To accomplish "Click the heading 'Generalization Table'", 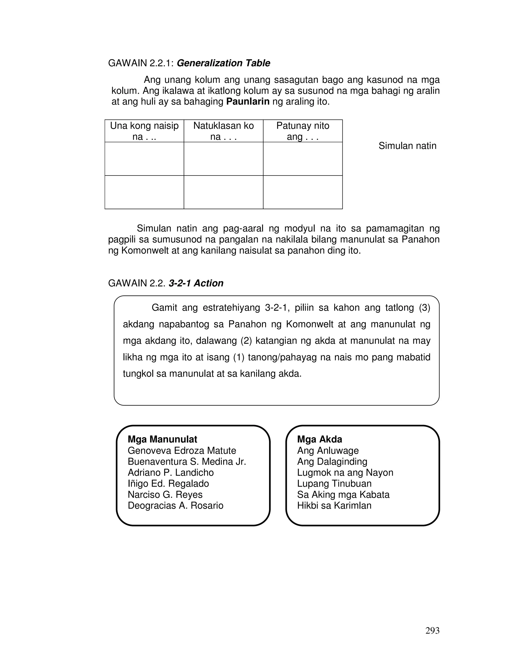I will pyautogui.click(x=223, y=63).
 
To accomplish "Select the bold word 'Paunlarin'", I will pyautogui.click(x=248, y=102).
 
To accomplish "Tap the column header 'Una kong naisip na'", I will pyautogui.click(x=144, y=131).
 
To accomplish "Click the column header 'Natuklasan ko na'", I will pyautogui.click(x=224, y=131).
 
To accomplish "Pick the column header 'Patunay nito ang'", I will pyautogui.click(x=303, y=131).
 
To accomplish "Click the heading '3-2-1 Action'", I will pyautogui.click(x=196, y=283).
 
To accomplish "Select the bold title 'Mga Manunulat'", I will pyautogui.click(x=162, y=439).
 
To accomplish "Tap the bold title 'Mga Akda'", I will pyautogui.click(x=320, y=439).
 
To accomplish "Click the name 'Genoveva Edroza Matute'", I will pyautogui.click(x=182, y=451).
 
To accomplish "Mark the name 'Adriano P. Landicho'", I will pyautogui.click(x=171, y=472).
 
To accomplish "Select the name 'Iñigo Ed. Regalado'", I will pyautogui.click(x=168, y=484).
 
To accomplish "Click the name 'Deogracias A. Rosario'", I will pyautogui.click(x=176, y=505).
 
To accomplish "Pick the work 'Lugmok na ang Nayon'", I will pyautogui.click(x=345, y=472).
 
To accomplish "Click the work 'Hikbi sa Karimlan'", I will pyautogui.click(x=334, y=505).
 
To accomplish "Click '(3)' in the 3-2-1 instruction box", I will pyautogui.click(x=424, y=308).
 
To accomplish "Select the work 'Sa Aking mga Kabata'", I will pyautogui.click(x=343, y=495).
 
